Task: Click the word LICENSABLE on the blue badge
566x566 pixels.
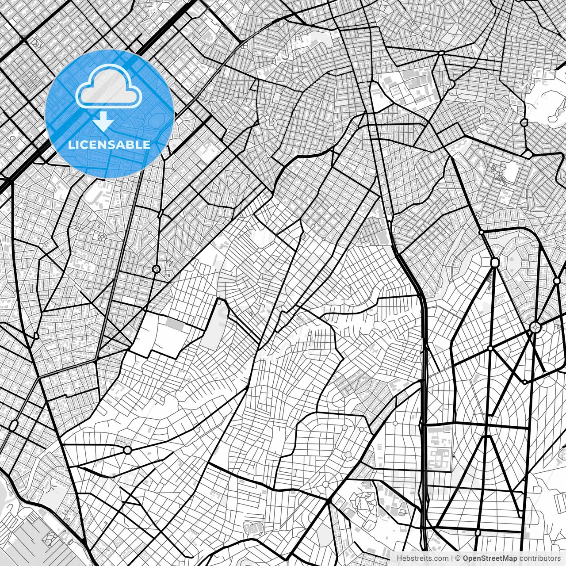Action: [x=109, y=145]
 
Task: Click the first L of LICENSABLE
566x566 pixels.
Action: [x=71, y=145]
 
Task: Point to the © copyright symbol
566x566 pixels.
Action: [x=458, y=558]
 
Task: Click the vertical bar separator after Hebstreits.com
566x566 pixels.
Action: [x=452, y=558]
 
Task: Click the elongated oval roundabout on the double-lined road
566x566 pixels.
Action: [x=13, y=426]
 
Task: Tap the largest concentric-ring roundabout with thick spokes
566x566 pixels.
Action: [x=535, y=328]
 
